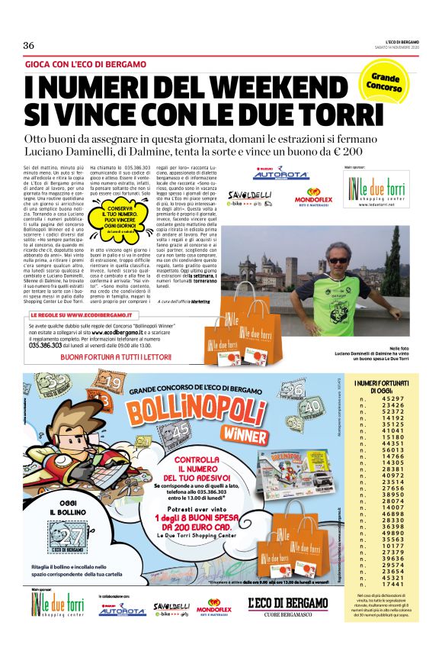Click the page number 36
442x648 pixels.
[x=28, y=45]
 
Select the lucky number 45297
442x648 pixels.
[x=393, y=399]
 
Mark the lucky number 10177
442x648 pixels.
[x=393, y=545]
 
